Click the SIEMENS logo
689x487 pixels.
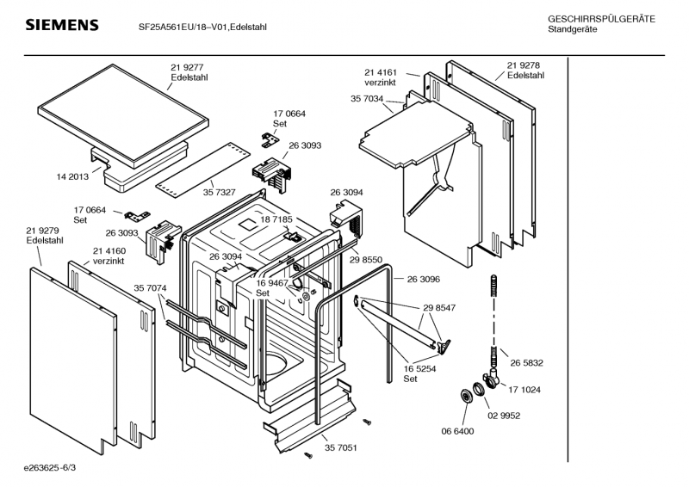pyautogui.click(x=61, y=25)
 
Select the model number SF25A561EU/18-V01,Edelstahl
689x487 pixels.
pyautogui.click(x=202, y=27)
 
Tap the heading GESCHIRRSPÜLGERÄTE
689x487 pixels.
pyautogui.click(x=600, y=19)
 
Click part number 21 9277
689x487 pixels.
pyautogui.click(x=186, y=66)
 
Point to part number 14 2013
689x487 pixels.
pyautogui.click(x=72, y=176)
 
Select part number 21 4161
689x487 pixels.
pyautogui.click(x=380, y=73)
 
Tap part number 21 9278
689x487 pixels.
pyautogui.click(x=524, y=65)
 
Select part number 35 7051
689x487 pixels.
pyautogui.click(x=341, y=448)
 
